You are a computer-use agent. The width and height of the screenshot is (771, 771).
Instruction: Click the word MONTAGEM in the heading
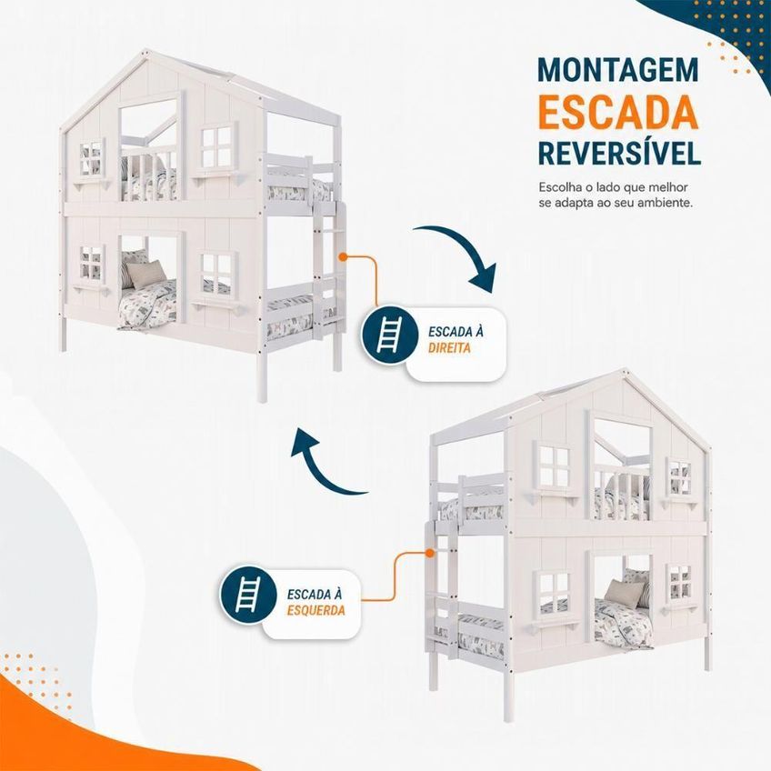click(x=618, y=70)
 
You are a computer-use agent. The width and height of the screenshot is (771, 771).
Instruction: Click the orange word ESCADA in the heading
click(x=618, y=112)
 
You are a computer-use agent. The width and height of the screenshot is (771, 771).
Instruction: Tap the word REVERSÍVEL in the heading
click(x=619, y=152)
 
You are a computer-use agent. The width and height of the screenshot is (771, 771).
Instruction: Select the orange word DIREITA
click(x=449, y=348)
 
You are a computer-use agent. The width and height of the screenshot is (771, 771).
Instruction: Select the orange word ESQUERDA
click(x=316, y=611)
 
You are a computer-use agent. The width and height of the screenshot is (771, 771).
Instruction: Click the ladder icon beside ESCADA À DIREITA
click(x=389, y=335)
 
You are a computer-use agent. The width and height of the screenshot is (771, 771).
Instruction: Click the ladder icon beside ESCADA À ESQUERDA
click(x=248, y=595)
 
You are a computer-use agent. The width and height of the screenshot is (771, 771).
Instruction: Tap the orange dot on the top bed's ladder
click(x=343, y=256)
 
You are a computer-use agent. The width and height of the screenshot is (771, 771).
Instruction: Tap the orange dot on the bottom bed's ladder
click(x=430, y=553)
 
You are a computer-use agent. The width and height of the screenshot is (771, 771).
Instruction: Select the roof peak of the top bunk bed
click(x=145, y=51)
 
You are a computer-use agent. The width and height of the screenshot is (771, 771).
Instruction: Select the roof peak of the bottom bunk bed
click(x=625, y=370)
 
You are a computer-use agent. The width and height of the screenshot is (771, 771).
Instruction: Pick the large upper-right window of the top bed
click(x=217, y=146)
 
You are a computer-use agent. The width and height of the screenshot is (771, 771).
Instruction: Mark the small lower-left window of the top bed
click(x=93, y=263)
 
